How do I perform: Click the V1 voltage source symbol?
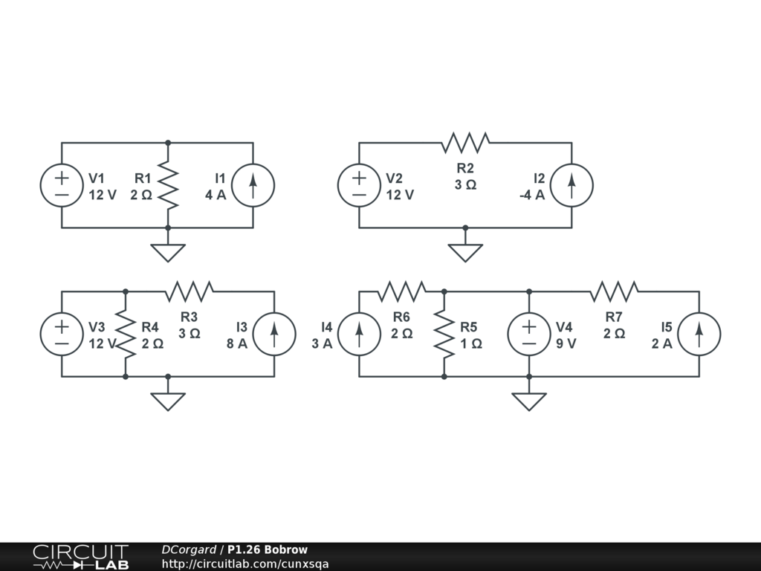tap(62, 185)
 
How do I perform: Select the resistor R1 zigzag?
tap(168, 185)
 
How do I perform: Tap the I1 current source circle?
tap(253, 185)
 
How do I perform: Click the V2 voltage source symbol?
tap(359, 185)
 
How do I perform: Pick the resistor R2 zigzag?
tap(465, 142)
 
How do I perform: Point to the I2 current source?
tap(571, 185)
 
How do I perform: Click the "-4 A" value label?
tap(532, 196)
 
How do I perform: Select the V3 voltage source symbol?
tap(62, 334)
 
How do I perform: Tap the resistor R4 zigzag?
tap(126, 334)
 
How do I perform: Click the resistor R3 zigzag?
tap(190, 291)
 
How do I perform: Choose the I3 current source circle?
tap(274, 334)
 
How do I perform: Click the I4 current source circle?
tap(359, 334)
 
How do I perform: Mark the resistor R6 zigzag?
tap(401, 291)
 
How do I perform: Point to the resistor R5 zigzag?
tap(444, 334)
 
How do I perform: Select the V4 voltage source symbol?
tap(529, 334)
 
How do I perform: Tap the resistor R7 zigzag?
tap(614, 291)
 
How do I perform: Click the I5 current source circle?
tap(699, 334)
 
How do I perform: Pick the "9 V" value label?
tap(566, 344)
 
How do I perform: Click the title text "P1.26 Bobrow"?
tap(268, 550)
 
